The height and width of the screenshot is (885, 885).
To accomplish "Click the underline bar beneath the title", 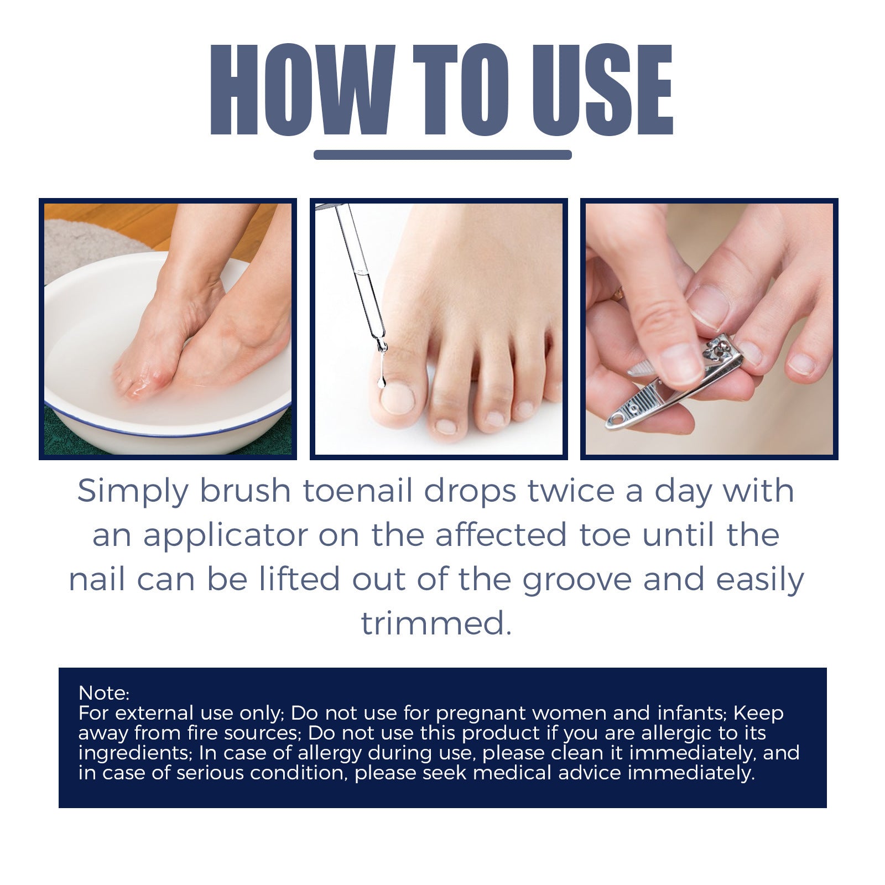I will [442, 155].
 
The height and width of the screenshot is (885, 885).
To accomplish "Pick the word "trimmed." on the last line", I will [436, 624].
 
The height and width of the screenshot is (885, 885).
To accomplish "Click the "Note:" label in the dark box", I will [104, 693].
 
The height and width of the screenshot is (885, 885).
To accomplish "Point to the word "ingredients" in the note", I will [135, 753].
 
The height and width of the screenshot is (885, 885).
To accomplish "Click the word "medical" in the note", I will [512, 773].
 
